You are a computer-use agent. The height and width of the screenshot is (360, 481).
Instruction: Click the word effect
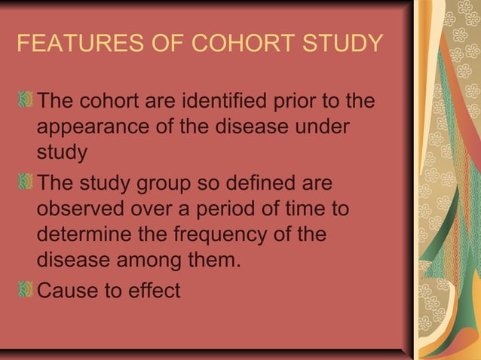154,290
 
